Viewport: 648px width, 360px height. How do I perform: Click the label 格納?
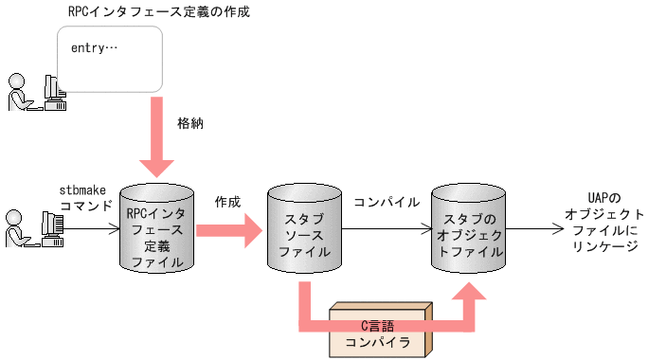click(x=190, y=123)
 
